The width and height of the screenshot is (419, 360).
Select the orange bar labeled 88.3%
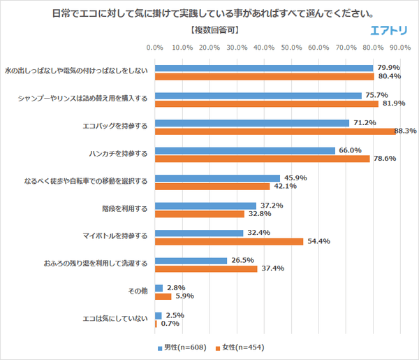274,131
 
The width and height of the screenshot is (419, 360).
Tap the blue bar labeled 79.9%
263,69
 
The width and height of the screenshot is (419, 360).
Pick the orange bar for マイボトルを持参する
228,241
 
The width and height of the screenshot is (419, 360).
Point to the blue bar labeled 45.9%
217,178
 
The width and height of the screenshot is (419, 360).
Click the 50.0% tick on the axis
291,48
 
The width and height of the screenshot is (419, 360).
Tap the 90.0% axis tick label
400,48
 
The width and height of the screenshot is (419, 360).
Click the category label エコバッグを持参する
115,127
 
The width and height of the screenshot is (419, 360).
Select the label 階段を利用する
124,209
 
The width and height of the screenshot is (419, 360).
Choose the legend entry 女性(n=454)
240,347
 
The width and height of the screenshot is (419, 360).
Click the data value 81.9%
392,103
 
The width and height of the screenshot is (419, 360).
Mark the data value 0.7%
167,324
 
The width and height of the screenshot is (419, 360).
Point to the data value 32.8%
255,214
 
